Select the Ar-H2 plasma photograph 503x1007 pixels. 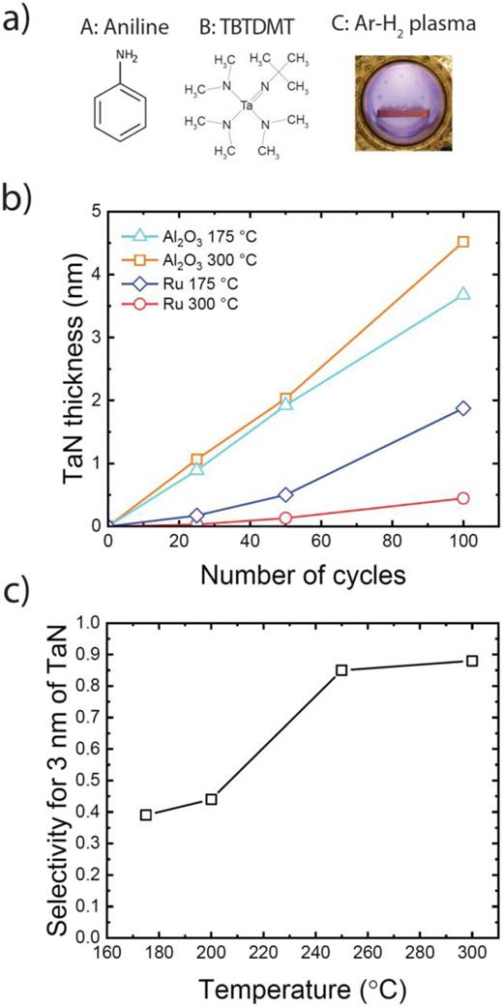click(397, 107)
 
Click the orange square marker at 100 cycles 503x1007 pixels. click(462, 242)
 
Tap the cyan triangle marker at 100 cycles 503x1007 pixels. click(462, 294)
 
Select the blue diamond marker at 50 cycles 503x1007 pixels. click(285, 494)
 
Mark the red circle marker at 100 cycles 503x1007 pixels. click(462, 498)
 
